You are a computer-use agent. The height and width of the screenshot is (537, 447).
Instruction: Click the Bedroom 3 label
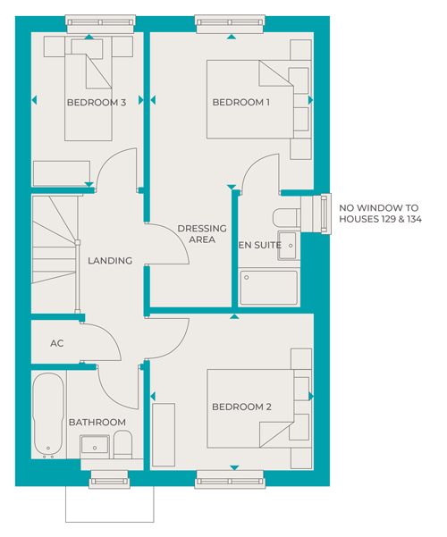pyautogui.click(x=97, y=103)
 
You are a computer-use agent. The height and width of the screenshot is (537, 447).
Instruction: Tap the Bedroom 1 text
pyautogui.click(x=241, y=102)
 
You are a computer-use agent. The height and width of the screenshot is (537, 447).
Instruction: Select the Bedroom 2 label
pyautogui.click(x=241, y=407)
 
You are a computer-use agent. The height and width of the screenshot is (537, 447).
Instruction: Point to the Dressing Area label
pyautogui.click(x=202, y=234)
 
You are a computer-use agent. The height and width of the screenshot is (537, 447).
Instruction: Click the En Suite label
pyautogui.click(x=260, y=245)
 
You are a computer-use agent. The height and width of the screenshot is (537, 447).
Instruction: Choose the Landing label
pyautogui.click(x=110, y=261)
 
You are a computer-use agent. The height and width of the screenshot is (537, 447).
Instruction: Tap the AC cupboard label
pyautogui.click(x=57, y=343)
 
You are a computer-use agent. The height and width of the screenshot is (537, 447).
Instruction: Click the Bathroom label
pyautogui.click(x=97, y=423)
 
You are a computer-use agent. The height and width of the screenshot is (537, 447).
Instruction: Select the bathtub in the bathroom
pyautogui.click(x=48, y=415)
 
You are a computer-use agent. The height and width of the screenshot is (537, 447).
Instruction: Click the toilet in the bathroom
pyautogui.click(x=122, y=444)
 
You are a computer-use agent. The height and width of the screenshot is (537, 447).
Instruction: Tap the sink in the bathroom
pyautogui.click(x=95, y=446)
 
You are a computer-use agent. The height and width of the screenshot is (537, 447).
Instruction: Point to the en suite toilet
pyautogui.click(x=287, y=218)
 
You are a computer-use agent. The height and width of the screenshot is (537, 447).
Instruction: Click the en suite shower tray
pyautogui.click(x=269, y=288)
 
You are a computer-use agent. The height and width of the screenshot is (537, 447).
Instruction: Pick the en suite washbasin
pyautogui.click(x=287, y=245)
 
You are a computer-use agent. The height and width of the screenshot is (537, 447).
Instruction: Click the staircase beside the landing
pyautogui.click(x=55, y=254)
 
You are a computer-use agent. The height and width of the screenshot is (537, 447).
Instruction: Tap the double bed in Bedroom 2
pyautogui.click(x=250, y=408)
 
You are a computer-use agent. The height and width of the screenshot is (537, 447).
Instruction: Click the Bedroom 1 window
pyautogui.click(x=230, y=23)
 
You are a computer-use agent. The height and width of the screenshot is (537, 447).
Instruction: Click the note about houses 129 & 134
pyautogui.click(x=380, y=214)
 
